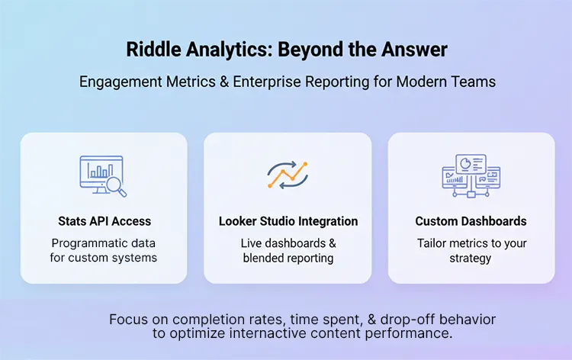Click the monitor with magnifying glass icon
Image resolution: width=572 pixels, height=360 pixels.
[104, 175]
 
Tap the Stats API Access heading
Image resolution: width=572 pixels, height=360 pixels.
[104, 221]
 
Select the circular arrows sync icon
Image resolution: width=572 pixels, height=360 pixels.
[288, 175]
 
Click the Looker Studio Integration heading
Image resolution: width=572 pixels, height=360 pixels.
[288, 221]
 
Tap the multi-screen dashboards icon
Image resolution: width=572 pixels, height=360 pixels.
[471, 175]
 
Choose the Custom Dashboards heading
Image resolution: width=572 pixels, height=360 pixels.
[471, 221]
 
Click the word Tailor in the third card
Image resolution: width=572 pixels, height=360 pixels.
[432, 243]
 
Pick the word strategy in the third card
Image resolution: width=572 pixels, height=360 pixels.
[471, 258]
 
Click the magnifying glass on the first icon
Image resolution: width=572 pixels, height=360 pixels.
[116, 184]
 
